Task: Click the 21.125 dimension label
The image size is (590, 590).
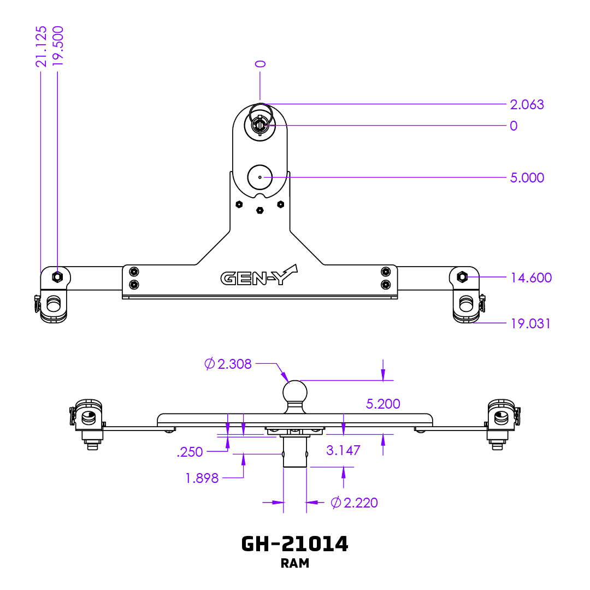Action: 41,46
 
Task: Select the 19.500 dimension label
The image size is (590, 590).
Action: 57,46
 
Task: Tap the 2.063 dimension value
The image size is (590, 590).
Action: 527,104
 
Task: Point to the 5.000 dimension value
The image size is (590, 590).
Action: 527,178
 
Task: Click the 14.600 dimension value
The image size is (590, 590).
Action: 530,278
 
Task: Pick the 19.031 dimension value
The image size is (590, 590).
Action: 530,323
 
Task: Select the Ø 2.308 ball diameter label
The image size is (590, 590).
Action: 228,364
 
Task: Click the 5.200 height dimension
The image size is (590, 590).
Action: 383,404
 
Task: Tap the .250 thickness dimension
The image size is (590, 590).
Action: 190,452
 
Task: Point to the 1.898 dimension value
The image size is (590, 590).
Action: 202,479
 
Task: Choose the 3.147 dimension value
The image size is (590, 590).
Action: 343,450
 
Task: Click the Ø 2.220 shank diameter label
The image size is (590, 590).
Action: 355,503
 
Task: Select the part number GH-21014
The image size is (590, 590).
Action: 294,544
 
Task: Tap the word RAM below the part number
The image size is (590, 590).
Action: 294,563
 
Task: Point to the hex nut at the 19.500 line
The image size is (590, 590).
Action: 57,276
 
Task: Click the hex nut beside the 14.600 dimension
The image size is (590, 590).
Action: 462,276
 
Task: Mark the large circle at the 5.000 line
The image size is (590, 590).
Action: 260,177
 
